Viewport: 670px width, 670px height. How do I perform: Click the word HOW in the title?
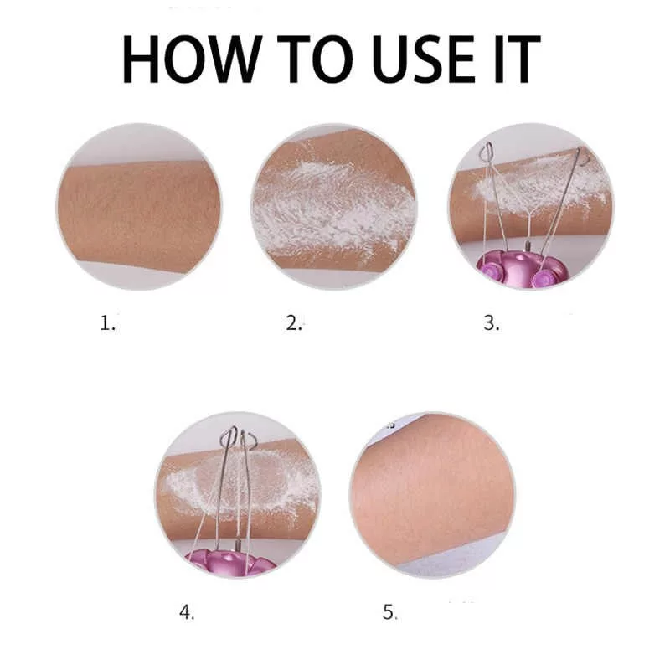click(x=192, y=59)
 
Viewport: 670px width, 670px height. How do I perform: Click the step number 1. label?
click(x=108, y=322)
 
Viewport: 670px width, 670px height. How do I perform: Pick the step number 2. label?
click(x=294, y=322)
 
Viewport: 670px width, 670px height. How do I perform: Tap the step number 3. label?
click(x=492, y=322)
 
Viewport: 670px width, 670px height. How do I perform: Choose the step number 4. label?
click(x=187, y=612)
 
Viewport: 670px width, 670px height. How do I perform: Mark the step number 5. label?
click(x=389, y=612)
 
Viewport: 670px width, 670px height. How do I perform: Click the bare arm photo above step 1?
click(x=139, y=207)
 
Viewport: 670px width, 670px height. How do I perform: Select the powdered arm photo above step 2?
click(x=334, y=207)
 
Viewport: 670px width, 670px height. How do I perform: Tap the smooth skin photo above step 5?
click(x=432, y=495)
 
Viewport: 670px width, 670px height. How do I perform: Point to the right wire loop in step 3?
click(x=583, y=157)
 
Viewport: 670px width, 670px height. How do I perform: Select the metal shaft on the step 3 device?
click(x=526, y=249)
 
